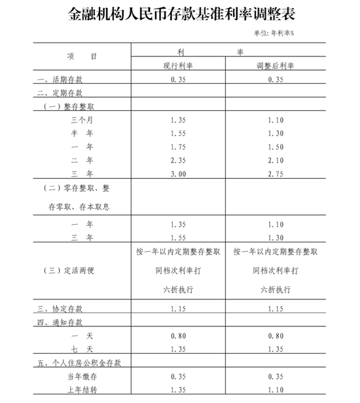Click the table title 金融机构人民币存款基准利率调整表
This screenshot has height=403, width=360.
pos(179,14)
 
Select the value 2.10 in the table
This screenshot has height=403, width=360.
pos(276,159)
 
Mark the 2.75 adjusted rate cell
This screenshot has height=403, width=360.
pos(276,172)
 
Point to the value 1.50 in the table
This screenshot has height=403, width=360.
pos(276,146)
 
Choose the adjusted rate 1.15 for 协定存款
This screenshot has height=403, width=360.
pos(276,307)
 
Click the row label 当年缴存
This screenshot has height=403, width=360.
pos(82,375)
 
